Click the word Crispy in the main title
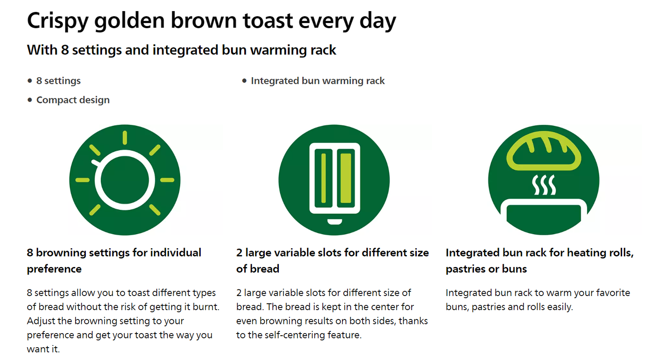[x=58, y=21]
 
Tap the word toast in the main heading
[x=268, y=21]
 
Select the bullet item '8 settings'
[x=58, y=81]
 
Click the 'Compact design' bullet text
[x=73, y=100]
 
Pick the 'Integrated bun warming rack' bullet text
[x=318, y=81]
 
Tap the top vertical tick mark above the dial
[x=125, y=138]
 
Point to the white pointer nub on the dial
[x=95, y=163]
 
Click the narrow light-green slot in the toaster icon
[x=323, y=178]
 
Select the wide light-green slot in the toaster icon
[x=346, y=178]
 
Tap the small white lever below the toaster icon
[x=335, y=222]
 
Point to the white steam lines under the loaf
[x=544, y=185]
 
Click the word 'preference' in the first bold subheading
[x=54, y=269]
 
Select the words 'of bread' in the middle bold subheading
[x=258, y=269]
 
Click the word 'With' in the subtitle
[x=42, y=50]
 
